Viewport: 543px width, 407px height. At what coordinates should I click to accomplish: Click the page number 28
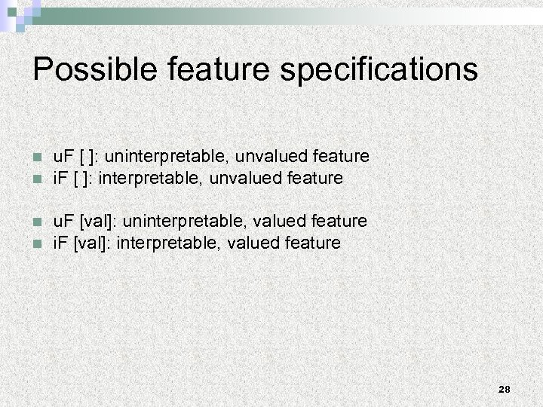pos(505,389)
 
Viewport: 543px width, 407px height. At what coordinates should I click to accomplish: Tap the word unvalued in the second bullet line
pos(244,179)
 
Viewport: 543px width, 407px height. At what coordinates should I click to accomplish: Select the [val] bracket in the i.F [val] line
pos(90,243)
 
